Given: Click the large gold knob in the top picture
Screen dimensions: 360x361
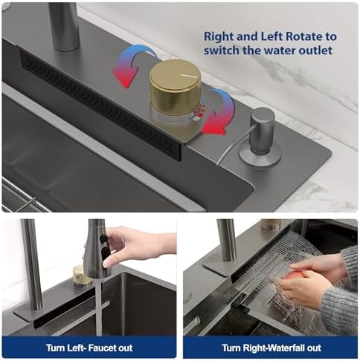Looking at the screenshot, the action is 175,87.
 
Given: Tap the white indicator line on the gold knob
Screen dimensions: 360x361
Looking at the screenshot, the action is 189,75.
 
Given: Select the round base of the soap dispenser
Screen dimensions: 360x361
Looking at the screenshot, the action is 260,156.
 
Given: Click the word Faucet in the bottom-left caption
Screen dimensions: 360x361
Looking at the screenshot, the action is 102,348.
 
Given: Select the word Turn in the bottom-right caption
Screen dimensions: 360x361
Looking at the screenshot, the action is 231,348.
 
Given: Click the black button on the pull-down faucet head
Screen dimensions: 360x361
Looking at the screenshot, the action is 103,238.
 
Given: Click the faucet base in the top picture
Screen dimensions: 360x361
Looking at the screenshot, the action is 64,26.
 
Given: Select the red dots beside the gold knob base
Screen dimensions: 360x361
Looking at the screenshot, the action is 201,111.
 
